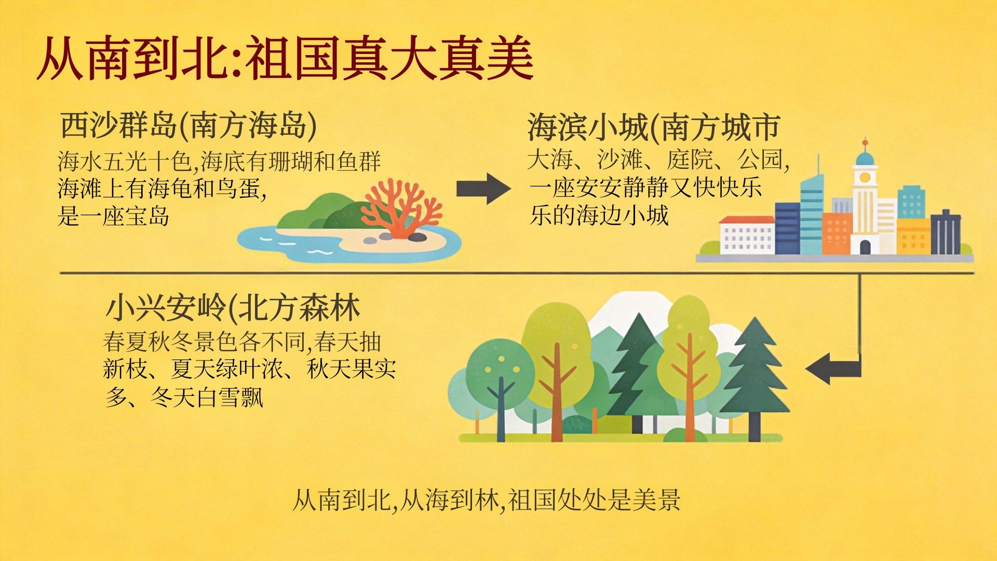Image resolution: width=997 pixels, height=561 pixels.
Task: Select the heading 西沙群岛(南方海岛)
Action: [188, 126]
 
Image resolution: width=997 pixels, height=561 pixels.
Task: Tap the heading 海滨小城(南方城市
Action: [654, 127]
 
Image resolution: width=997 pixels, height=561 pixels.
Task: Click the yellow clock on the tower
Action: [865, 177]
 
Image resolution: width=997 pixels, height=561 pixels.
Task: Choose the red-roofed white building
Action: [746, 235]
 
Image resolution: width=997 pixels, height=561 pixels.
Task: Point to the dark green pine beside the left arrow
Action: [755, 379]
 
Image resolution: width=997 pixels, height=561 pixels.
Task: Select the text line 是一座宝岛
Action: [113, 215]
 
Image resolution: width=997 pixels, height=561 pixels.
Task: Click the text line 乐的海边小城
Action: [599, 215]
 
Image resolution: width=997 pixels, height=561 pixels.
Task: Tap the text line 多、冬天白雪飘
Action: [184, 397]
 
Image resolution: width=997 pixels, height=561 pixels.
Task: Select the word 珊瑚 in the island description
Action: [291, 162]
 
